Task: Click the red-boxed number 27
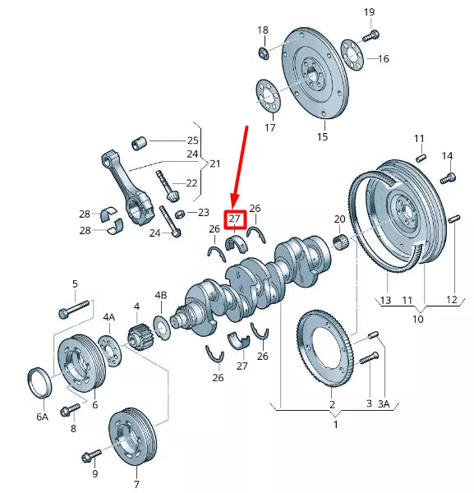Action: tap(236, 219)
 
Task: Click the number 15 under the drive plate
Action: tap(322, 136)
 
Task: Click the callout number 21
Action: tap(215, 164)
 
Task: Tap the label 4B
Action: tap(161, 295)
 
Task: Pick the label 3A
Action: tap(384, 403)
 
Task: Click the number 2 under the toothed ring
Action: tap(332, 404)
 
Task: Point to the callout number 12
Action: tap(451, 300)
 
